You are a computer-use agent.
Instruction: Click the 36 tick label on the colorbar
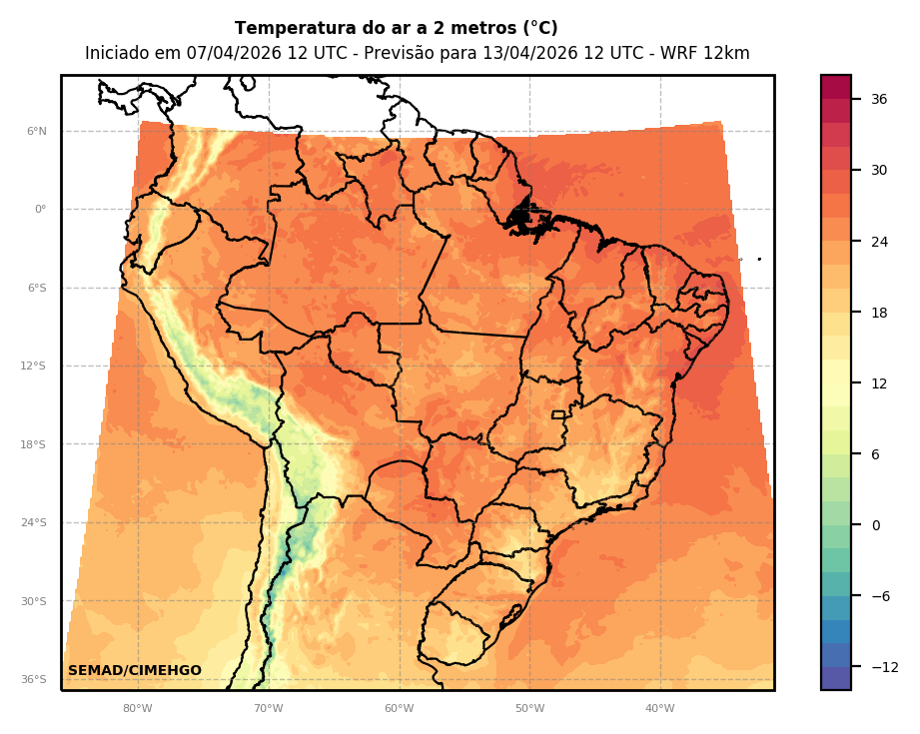[879, 99]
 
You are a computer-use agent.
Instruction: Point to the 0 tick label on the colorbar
[875, 525]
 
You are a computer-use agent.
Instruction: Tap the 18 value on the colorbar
[879, 313]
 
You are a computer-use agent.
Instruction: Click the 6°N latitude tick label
[37, 131]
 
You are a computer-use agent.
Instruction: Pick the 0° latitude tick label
[41, 210]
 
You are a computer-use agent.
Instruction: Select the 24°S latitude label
[35, 522]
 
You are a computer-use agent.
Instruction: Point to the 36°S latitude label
[35, 679]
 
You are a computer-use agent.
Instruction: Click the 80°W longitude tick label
[138, 708]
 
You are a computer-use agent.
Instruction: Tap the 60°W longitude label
[399, 708]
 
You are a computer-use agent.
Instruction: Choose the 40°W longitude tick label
[659, 708]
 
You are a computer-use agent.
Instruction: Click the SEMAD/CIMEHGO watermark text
[135, 671]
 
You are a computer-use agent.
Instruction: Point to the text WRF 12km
[705, 53]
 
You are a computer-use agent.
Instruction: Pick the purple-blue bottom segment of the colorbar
[836, 678]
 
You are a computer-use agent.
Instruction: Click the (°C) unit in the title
[537, 28]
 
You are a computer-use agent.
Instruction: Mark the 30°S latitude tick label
[35, 601]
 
